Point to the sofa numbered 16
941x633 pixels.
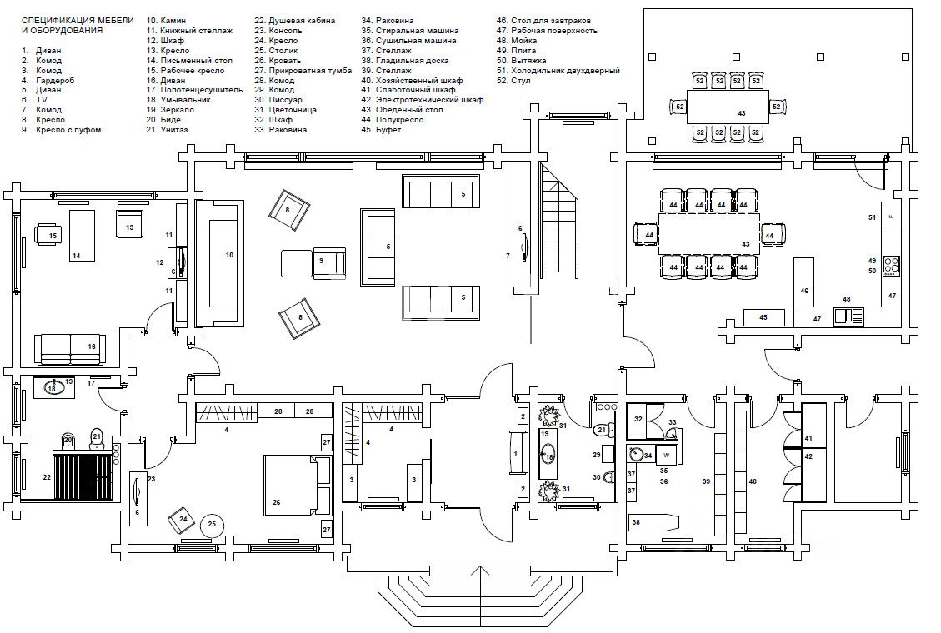[70, 348]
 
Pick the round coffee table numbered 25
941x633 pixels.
[213, 524]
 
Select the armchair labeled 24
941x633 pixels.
[183, 519]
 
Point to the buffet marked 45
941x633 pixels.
[763, 317]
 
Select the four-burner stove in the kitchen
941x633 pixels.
[892, 266]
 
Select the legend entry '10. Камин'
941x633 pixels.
[167, 19]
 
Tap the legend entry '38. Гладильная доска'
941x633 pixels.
[404, 60]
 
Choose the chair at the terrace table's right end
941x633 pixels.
[776, 107]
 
